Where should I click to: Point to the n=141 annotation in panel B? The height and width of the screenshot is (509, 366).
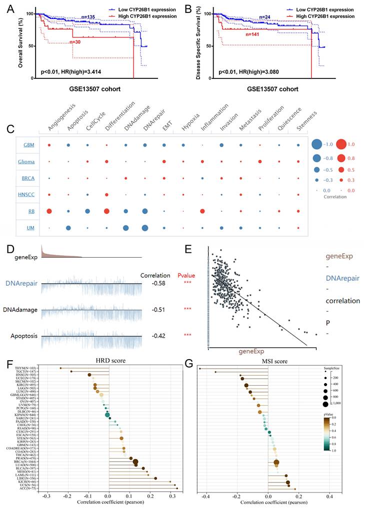click(x=253, y=34)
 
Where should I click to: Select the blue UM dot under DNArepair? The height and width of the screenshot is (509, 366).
click(x=144, y=228)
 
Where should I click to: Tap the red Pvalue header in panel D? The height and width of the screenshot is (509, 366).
click(x=187, y=275)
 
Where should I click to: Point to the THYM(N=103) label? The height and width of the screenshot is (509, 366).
click(x=28, y=368)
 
